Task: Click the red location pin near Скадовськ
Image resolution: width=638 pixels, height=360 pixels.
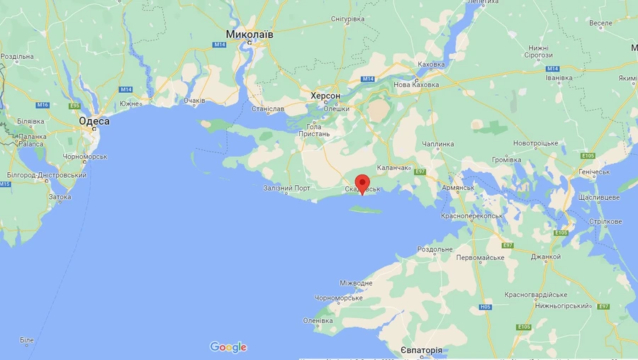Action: [x=362, y=184]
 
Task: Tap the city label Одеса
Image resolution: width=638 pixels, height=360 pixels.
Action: [x=94, y=121]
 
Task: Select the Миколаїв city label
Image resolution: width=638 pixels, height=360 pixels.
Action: [x=250, y=34]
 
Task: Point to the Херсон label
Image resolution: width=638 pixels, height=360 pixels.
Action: [x=325, y=96]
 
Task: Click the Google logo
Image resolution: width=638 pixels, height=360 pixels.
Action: [x=228, y=347]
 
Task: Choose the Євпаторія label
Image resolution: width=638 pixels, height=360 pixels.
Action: [x=421, y=351]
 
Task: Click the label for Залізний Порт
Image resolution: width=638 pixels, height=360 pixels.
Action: [x=286, y=188]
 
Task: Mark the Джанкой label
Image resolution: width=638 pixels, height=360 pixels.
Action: [x=546, y=257]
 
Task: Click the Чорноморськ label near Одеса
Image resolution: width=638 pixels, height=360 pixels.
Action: [x=84, y=157]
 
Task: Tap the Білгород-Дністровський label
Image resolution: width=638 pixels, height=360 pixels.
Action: [x=46, y=175]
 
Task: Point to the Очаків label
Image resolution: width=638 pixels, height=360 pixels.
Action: [x=194, y=101]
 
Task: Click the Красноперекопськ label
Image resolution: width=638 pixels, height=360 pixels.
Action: [x=471, y=215]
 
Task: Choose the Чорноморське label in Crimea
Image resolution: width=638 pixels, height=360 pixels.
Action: [x=338, y=298]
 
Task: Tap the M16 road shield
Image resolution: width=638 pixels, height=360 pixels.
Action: [x=43, y=105]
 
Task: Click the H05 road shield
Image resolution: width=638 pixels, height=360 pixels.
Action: [x=486, y=307]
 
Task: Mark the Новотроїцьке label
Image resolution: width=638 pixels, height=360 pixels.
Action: [x=536, y=143]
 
